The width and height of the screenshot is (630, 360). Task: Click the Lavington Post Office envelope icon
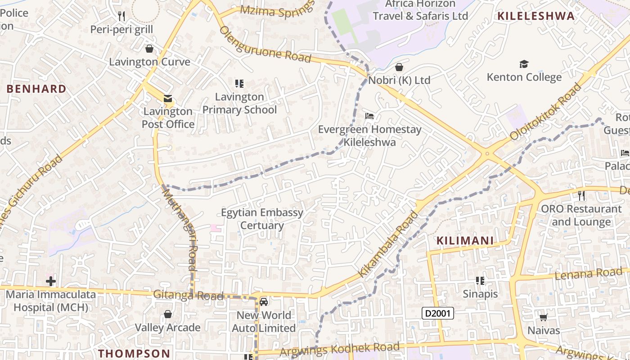167,98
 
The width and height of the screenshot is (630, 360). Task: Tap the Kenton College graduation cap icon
524,64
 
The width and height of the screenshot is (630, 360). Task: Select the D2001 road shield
437,313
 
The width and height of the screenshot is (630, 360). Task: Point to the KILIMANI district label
465,241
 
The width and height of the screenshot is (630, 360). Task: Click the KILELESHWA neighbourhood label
535,16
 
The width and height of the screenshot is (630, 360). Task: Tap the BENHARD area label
36,89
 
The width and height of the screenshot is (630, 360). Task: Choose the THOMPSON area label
134,353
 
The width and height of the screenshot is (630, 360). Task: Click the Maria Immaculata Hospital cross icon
51,282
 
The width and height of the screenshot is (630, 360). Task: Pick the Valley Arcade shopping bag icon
168,314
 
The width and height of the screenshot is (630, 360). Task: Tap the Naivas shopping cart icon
543,318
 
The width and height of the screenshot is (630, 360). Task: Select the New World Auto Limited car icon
264,301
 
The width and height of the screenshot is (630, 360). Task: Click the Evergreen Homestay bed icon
369,116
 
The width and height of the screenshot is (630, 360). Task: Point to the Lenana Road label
591,274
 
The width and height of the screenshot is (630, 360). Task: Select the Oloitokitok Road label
546,112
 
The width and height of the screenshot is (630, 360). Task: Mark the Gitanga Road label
188,295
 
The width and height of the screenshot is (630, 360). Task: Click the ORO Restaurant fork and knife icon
581,196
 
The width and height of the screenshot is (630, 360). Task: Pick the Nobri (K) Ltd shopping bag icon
399,67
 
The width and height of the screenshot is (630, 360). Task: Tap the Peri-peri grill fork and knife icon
121,17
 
